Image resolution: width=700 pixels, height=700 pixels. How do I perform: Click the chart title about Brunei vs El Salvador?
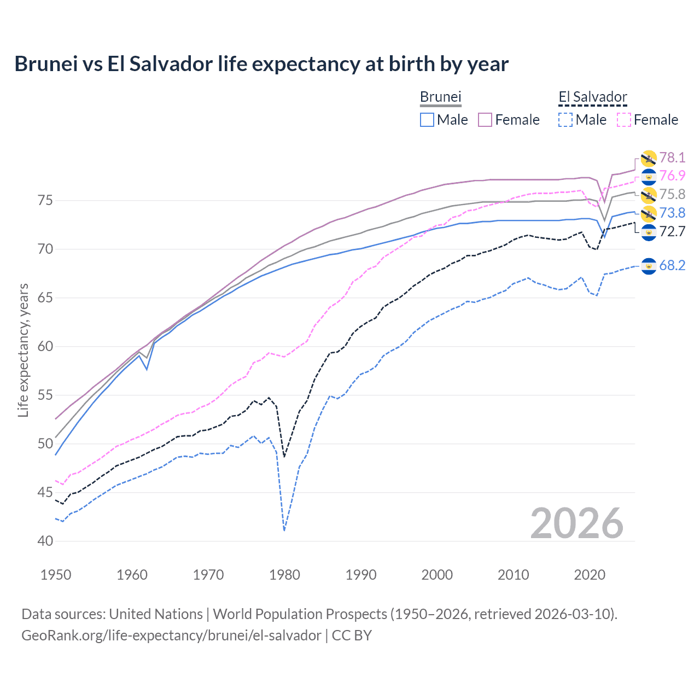[261, 64]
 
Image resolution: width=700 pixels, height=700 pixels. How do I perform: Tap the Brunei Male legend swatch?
[427, 120]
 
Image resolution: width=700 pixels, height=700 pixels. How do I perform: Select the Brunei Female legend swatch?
[485, 120]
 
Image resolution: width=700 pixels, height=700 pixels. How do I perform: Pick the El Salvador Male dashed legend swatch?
[565, 120]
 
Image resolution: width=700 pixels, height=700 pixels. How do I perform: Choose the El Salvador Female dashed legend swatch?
[623, 120]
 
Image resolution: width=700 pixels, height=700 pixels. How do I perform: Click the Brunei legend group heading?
[440, 97]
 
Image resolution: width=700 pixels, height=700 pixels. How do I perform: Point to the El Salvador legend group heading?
[592, 97]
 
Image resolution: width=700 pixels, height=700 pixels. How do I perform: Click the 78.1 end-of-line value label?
[672, 157]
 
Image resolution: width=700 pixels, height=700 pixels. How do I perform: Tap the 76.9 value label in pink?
[672, 176]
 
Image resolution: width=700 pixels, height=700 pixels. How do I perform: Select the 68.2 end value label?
[672, 266]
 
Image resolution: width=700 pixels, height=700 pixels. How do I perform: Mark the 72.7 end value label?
[672, 231]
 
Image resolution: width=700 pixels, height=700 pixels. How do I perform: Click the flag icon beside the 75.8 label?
[649, 195]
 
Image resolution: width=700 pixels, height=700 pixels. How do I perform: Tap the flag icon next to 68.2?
[649, 266]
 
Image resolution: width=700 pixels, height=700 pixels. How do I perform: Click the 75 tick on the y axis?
[46, 200]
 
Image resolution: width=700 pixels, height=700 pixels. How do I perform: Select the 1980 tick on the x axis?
[284, 575]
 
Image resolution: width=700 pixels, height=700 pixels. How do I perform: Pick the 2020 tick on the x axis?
[590, 575]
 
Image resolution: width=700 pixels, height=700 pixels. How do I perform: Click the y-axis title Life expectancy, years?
[23, 350]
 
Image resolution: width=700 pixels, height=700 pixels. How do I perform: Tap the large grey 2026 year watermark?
[576, 523]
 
